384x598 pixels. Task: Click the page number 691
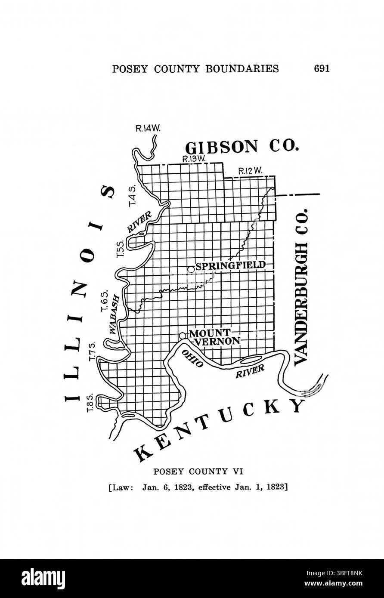[x=322, y=68]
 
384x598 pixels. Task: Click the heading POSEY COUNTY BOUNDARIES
[x=195, y=69]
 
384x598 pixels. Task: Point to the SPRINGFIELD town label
[x=230, y=265]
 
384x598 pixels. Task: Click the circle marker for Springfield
[x=191, y=269]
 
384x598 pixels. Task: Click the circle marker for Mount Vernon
[x=183, y=335]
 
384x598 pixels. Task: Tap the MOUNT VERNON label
[x=214, y=337]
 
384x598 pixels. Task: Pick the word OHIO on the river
[x=192, y=358]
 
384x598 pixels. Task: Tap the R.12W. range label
[x=251, y=171]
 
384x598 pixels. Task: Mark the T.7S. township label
[x=92, y=352]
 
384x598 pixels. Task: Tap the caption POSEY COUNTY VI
[x=198, y=472]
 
